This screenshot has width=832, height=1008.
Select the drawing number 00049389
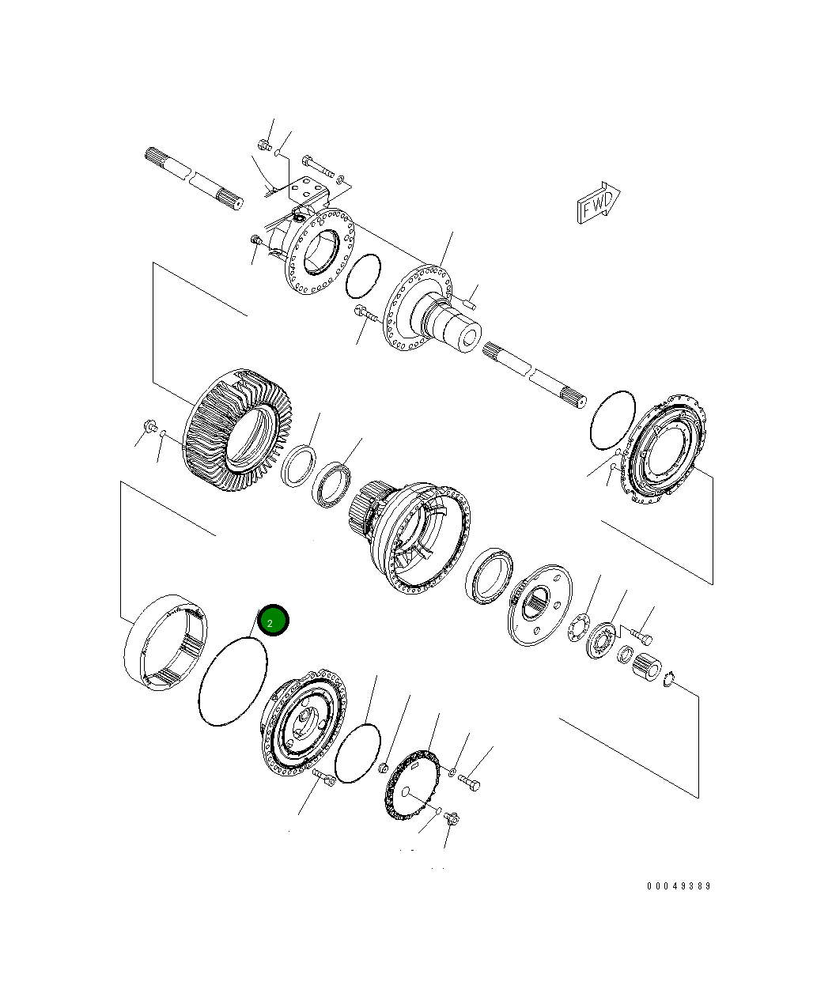[x=679, y=886]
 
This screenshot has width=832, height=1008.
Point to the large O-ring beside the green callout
[x=233, y=681]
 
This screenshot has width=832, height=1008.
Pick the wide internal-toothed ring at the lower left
[x=167, y=645]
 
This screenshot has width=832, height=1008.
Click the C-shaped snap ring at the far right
[x=669, y=678]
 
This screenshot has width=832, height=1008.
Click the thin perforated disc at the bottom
[x=412, y=787]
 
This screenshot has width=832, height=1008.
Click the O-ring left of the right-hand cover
[x=612, y=420]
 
